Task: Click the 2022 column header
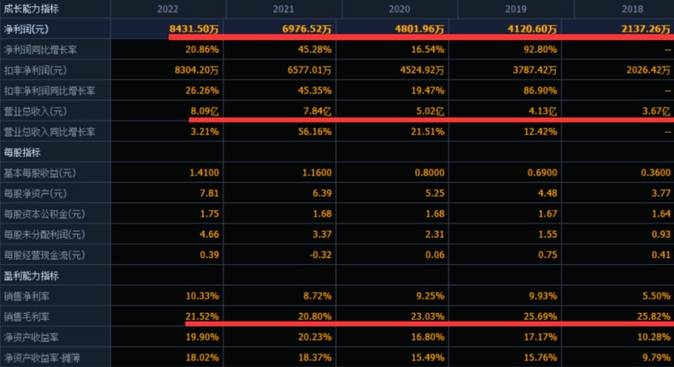coord(168,9)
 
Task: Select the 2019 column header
coord(516,9)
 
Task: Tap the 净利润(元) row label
coord(27,29)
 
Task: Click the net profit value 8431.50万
coord(194,28)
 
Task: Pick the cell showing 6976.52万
coord(307,28)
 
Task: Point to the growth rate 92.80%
coord(540,50)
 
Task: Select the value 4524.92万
coord(422,70)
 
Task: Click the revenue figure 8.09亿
coord(205,112)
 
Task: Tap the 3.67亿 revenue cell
coord(656,112)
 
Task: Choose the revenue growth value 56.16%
coord(315,131)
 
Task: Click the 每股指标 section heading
coord(22,152)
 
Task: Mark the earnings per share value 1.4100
coord(204,173)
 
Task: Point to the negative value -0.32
coord(321,254)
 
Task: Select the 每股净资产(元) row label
coord(35,193)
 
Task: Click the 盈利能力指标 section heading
coord(31,276)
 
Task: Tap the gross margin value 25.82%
coord(654,316)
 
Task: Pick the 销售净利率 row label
coord(27,296)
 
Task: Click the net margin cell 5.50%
coord(656,296)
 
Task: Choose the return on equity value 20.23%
coord(315,338)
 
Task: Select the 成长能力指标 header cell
coord(31,9)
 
